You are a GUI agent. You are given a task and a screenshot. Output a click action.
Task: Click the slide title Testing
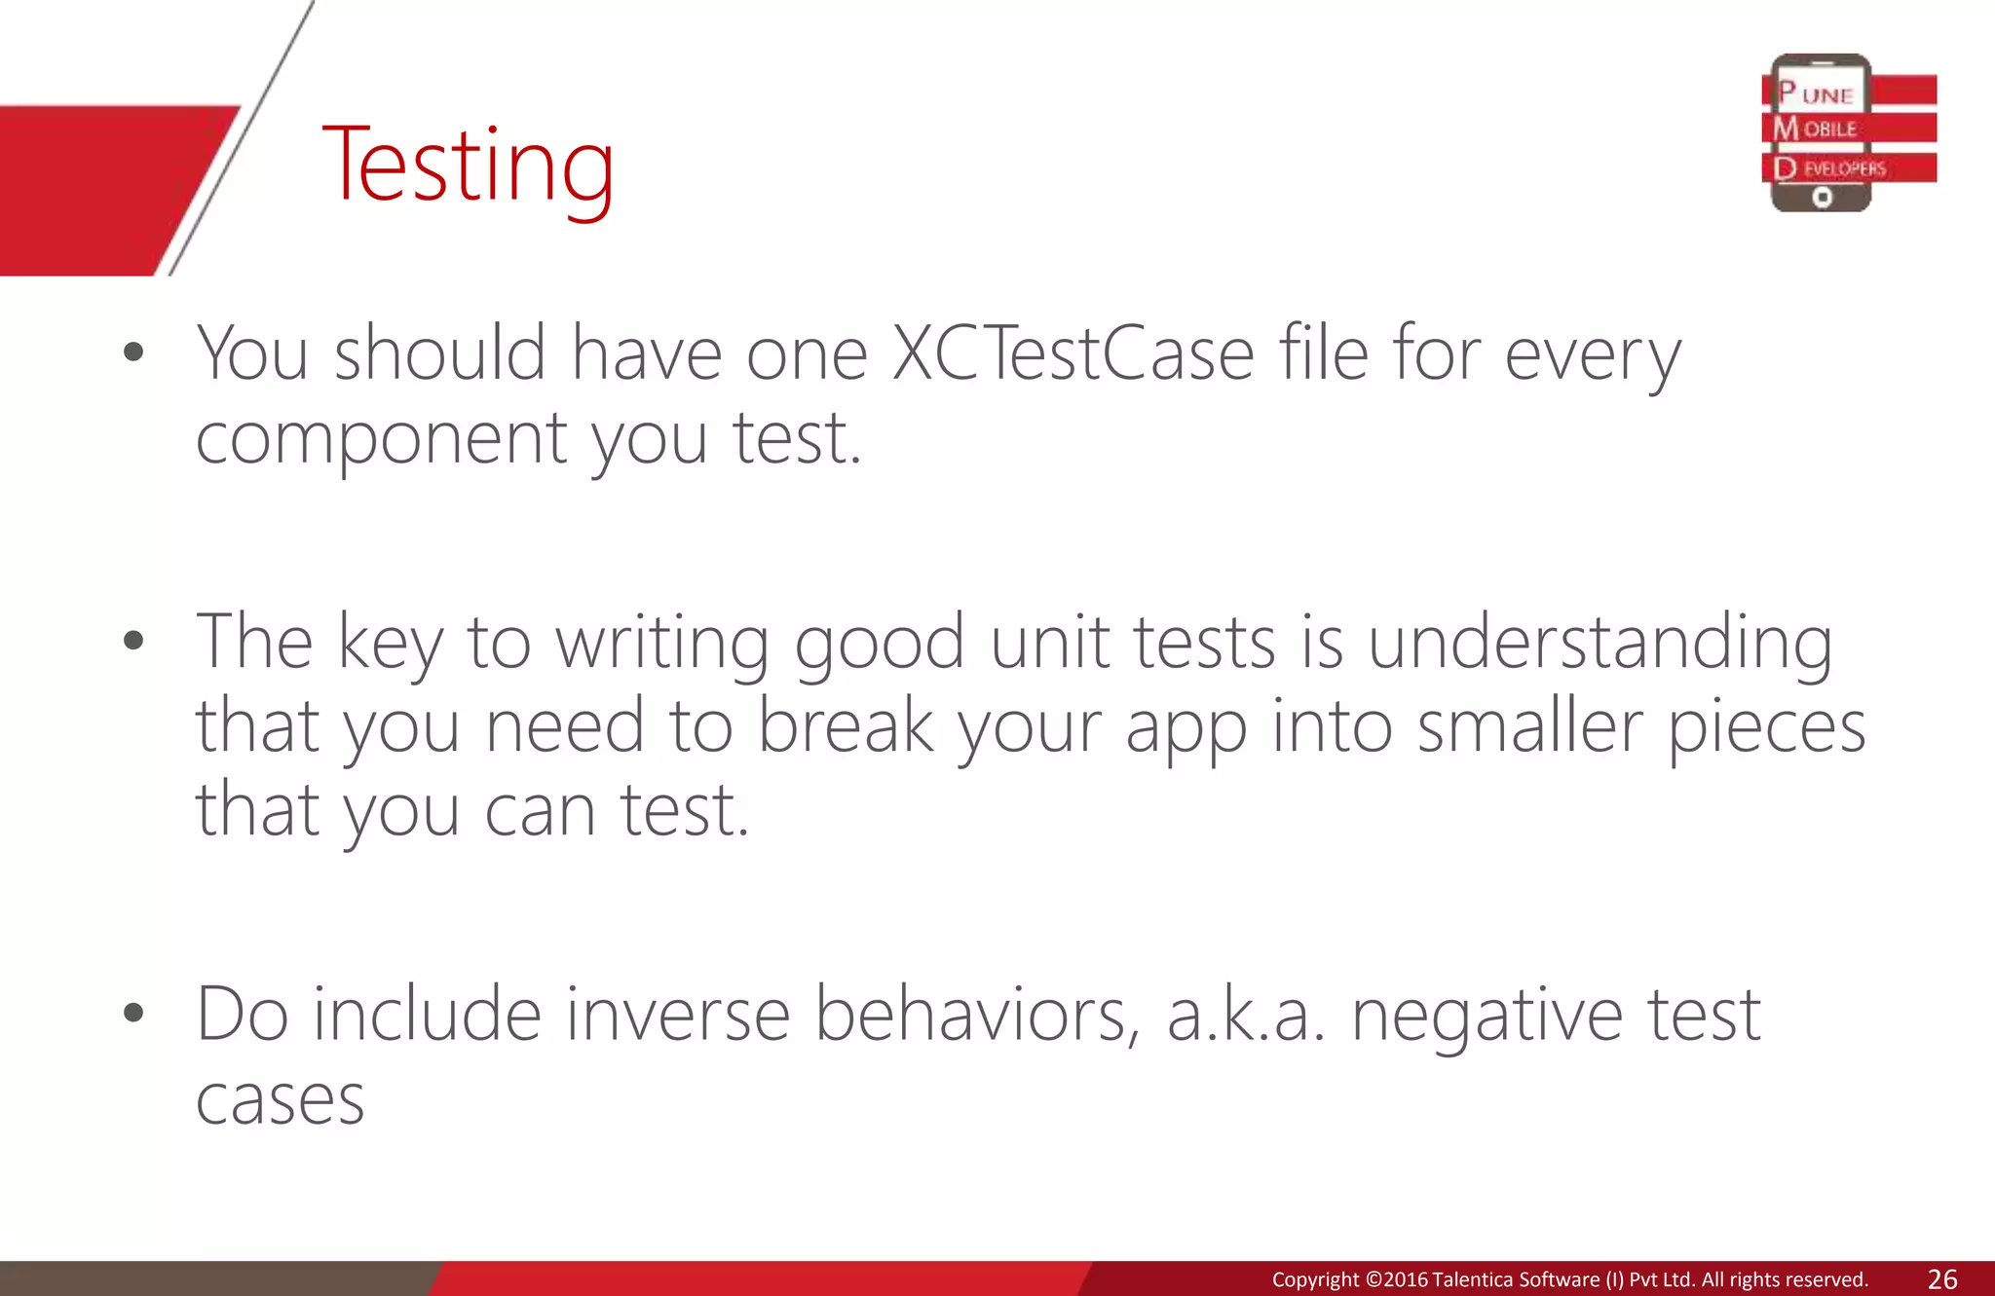(x=468, y=166)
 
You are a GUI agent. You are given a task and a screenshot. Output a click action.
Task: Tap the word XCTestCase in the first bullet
(x=1073, y=354)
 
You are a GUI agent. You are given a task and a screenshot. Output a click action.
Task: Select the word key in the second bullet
(x=390, y=645)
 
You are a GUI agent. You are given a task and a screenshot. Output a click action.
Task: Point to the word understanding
(x=1600, y=645)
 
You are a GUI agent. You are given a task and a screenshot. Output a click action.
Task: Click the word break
(x=846, y=726)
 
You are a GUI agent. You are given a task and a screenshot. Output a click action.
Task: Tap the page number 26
(x=1941, y=1279)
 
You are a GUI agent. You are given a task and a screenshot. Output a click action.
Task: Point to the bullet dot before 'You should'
(x=134, y=352)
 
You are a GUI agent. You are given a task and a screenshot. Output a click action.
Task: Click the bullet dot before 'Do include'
(x=134, y=1014)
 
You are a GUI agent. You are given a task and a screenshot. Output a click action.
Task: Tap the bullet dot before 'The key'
(x=134, y=641)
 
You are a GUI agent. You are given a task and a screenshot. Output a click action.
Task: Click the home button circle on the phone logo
(x=1822, y=198)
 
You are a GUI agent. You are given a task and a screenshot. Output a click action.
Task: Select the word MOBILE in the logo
(x=1816, y=129)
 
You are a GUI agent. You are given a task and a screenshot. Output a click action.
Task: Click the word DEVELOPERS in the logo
(x=1831, y=168)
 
